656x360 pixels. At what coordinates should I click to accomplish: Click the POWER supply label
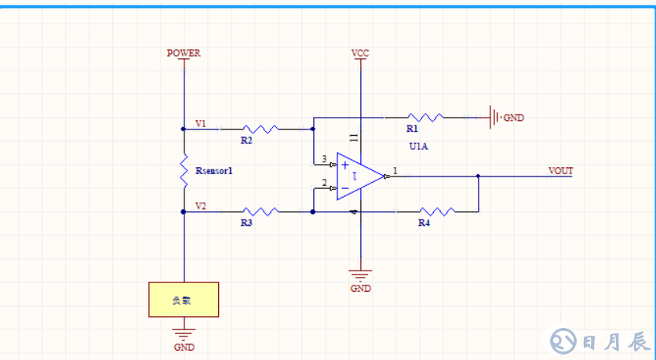click(x=184, y=53)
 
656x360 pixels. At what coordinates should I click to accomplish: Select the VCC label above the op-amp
click(x=360, y=53)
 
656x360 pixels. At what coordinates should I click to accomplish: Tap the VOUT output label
click(x=561, y=170)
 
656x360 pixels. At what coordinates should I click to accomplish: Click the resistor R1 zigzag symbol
click(x=425, y=118)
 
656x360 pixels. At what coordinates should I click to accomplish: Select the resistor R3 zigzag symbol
click(x=260, y=211)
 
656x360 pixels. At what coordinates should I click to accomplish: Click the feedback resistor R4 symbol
click(x=436, y=211)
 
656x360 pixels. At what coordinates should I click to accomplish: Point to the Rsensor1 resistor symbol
click(x=184, y=170)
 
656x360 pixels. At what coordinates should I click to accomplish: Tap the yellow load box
click(x=184, y=300)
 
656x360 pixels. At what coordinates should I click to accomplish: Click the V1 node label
click(x=201, y=123)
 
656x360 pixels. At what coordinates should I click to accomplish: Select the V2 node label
click(x=201, y=205)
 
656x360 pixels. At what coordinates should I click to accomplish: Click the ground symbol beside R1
click(x=495, y=118)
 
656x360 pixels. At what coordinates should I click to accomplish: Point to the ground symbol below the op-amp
click(x=360, y=275)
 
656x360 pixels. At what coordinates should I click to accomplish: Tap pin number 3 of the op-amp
click(x=324, y=158)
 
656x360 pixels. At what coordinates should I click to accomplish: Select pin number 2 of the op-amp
click(x=324, y=183)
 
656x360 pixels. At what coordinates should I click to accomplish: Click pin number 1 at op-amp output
click(x=395, y=169)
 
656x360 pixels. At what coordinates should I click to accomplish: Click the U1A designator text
click(x=419, y=147)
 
